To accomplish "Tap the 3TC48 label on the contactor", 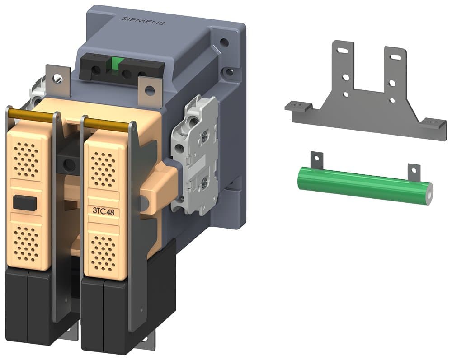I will click(x=103, y=210).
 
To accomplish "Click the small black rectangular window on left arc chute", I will click(x=24, y=203).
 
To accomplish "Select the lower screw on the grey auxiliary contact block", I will click(x=205, y=182).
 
